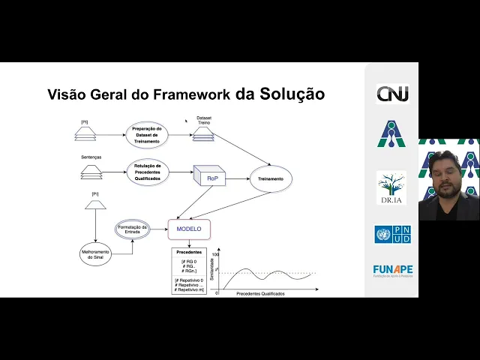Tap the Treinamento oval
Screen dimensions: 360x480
(270, 179)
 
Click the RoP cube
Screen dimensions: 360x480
(210, 178)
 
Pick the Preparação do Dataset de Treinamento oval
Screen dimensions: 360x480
(148, 134)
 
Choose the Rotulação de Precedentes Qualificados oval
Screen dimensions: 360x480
(148, 171)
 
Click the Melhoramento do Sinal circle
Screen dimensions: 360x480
(95, 253)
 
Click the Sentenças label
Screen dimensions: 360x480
(91, 157)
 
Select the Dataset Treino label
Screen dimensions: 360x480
(204, 120)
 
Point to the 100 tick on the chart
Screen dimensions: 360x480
(215, 255)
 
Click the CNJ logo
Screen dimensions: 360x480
(392, 95)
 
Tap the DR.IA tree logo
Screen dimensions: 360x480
(391, 187)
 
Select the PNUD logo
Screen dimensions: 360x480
(392, 235)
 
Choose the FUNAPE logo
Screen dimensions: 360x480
(392, 270)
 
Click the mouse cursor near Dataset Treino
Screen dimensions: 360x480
(186, 119)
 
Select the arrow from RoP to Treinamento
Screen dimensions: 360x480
(237, 179)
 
